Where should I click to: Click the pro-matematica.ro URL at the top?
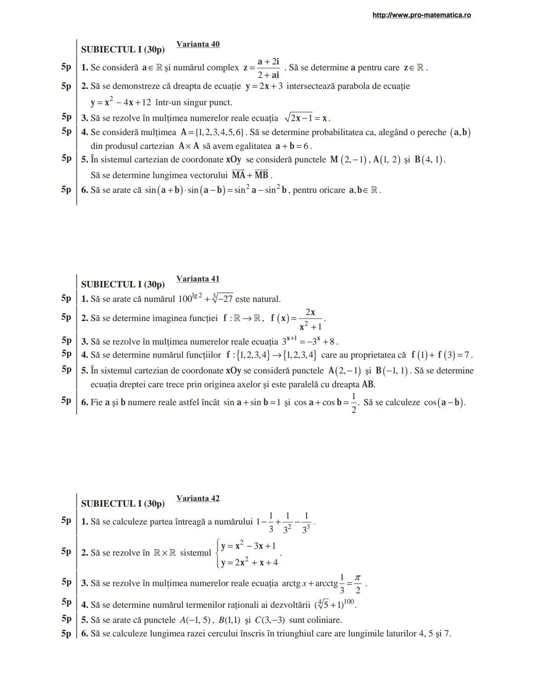coord(421,15)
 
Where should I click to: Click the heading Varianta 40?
coord(198,44)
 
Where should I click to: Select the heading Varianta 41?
coord(198,279)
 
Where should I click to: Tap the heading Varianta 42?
coord(198,499)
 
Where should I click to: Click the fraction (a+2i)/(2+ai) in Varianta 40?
coord(268,68)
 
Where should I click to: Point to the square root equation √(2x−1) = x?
coord(307,118)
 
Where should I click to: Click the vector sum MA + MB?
coord(250,175)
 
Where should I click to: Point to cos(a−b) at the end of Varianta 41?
coord(444,403)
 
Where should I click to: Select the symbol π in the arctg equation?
coord(357,578)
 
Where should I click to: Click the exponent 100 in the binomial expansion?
coord(349,601)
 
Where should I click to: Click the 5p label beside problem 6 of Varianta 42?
coord(66,634)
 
